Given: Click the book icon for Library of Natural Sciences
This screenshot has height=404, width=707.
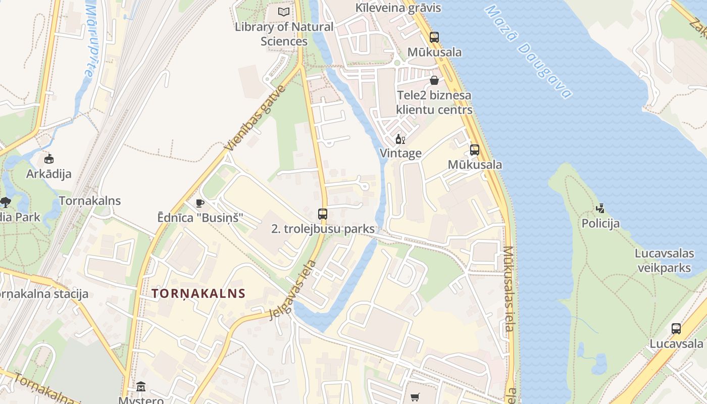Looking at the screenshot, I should point(284,11).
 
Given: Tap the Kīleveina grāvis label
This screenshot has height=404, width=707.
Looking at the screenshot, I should point(398,8).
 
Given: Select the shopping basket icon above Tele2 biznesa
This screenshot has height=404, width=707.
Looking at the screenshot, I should point(434,80).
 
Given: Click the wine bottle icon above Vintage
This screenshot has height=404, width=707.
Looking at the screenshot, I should point(400,139).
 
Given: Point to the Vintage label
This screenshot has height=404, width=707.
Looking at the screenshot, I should point(400,153).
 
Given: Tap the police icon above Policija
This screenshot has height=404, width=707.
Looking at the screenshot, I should point(600,208).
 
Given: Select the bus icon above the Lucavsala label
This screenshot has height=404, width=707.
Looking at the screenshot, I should point(676,329).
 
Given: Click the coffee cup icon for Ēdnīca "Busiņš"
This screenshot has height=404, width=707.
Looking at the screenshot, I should point(200,203).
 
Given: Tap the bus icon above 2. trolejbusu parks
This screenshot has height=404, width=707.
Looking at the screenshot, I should point(323,214).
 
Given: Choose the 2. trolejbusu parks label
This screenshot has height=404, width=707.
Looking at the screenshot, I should point(323,229).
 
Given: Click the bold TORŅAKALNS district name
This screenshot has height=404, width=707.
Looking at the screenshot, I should point(198,293).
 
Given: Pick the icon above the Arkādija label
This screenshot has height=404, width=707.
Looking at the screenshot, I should point(48,159).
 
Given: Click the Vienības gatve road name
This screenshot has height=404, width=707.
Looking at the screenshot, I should point(256,119).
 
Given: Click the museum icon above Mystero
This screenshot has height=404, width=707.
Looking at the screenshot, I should point(141,387).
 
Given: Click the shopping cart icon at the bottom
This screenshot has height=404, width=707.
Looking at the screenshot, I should point(415,397).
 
